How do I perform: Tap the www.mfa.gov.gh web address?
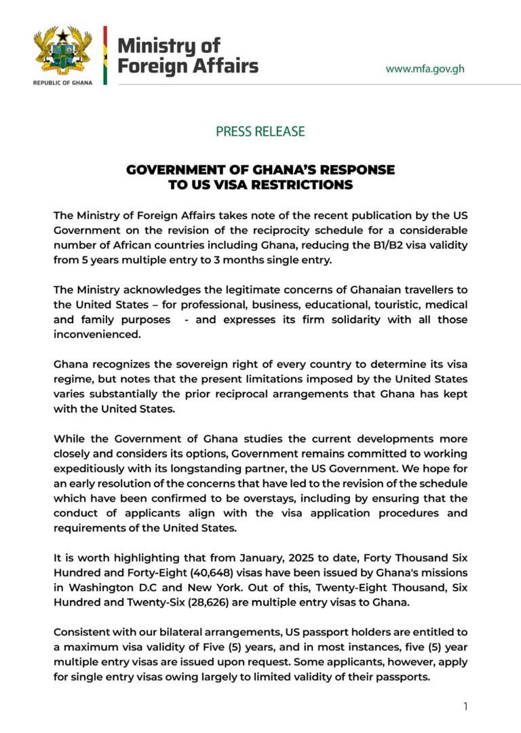pos(425,69)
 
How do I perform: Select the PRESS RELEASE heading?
pos(260,132)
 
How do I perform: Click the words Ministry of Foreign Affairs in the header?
pos(187,56)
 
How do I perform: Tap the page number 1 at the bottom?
pos(465,707)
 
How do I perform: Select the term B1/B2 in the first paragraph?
pos(376,244)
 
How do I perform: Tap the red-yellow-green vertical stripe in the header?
pos(105,56)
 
